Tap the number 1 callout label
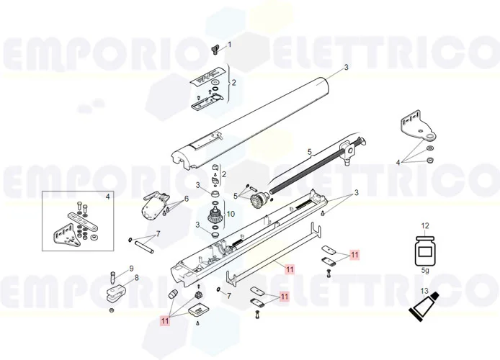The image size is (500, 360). click(230, 45)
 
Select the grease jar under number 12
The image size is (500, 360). click(424, 251)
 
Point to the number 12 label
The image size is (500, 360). click(425, 226)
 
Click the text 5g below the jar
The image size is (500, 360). click(425, 271)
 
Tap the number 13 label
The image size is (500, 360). click(425, 291)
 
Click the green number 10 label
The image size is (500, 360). click(231, 214)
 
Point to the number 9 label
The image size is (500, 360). click(131, 269)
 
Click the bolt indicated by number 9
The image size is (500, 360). click(112, 276)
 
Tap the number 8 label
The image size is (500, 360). click(136, 278)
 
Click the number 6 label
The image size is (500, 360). click(186, 199)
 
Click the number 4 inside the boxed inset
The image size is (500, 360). click(108, 196)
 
